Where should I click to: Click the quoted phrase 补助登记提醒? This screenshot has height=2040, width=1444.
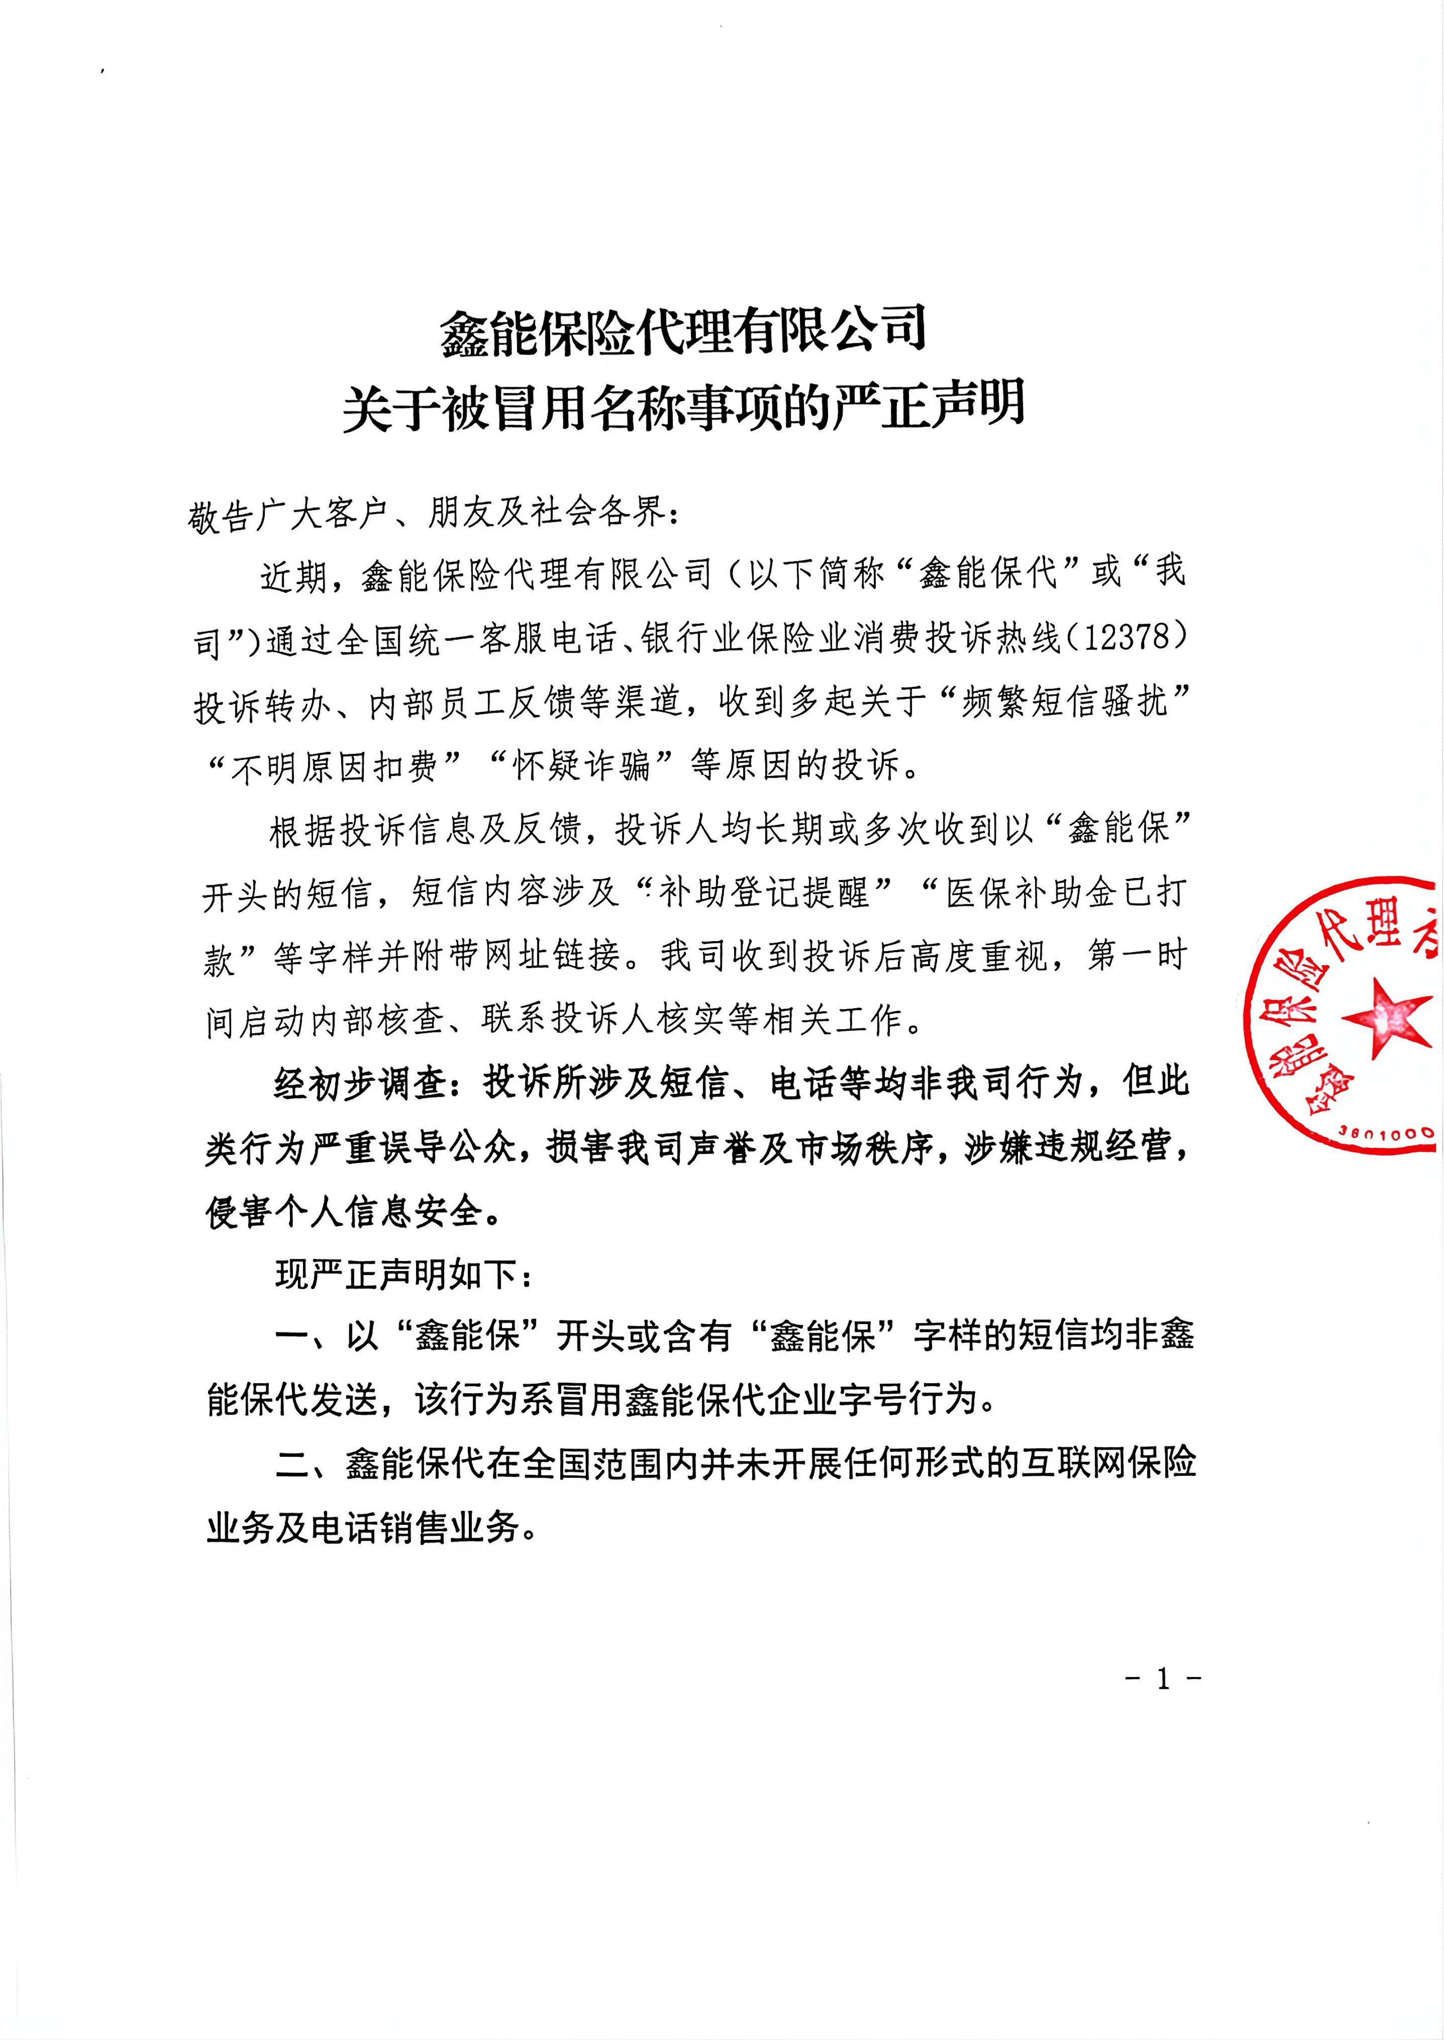click(764, 892)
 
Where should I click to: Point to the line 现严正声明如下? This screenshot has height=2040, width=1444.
click(405, 1275)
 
